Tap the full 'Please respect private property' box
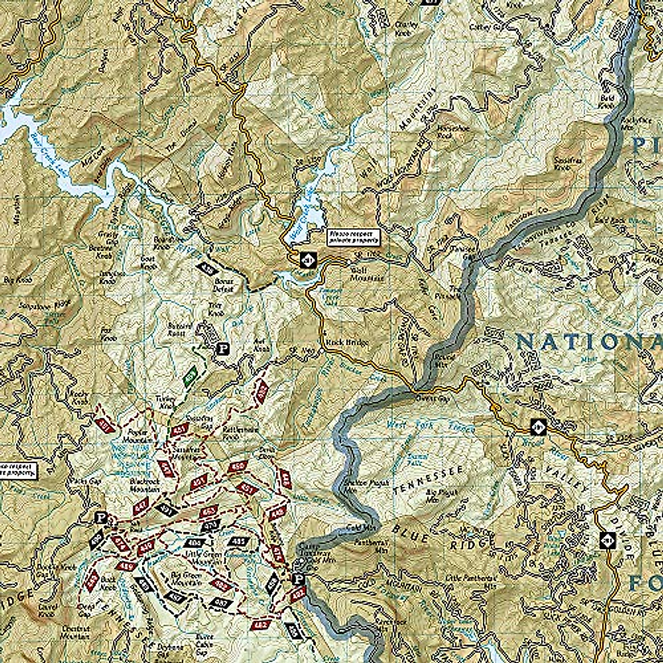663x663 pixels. [353, 236]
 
